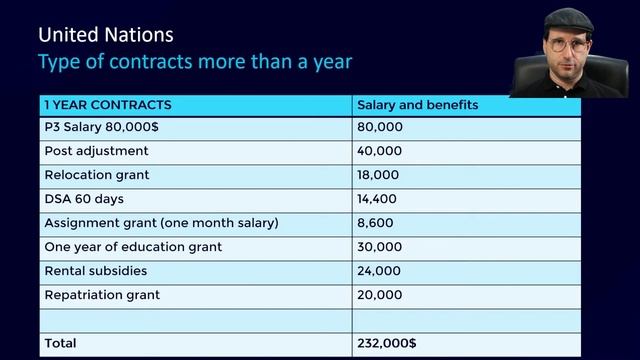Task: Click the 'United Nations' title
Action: (105, 36)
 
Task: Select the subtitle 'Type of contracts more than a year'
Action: (194, 62)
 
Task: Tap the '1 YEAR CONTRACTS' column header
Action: (107, 105)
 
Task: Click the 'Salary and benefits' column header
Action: (417, 105)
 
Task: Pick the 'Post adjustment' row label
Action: (96, 151)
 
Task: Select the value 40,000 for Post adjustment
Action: (379, 151)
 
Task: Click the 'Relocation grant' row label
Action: (98, 175)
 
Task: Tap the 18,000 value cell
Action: (378, 175)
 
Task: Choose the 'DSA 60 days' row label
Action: (84, 199)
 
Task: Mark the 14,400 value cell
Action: (378, 199)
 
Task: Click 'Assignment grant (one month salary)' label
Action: (161, 223)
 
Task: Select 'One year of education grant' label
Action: (133, 247)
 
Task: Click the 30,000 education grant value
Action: (379, 247)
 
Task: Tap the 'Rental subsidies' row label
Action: (96, 271)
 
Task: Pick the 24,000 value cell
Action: (379, 271)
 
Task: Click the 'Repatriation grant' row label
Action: (102, 295)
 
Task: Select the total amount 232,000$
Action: (386, 343)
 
